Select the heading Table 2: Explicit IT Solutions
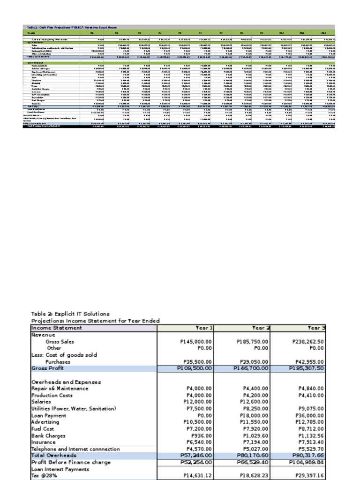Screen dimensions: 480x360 70,314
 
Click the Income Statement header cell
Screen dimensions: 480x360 56,328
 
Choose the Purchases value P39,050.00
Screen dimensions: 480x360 253,362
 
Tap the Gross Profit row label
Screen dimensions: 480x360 47,368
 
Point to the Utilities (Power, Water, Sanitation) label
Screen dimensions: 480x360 74,409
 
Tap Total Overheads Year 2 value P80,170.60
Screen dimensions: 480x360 253,455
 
